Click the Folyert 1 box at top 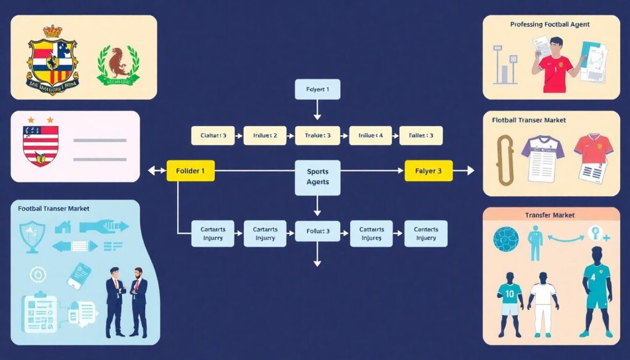tap(317, 89)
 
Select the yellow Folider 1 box tap(191, 170)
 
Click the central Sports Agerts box tap(317, 177)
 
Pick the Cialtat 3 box tap(213, 135)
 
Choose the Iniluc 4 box tap(371, 135)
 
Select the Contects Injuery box tap(425, 234)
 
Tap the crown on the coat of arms tap(53, 31)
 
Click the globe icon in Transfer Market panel tap(505, 238)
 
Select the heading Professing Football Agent tap(549, 25)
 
